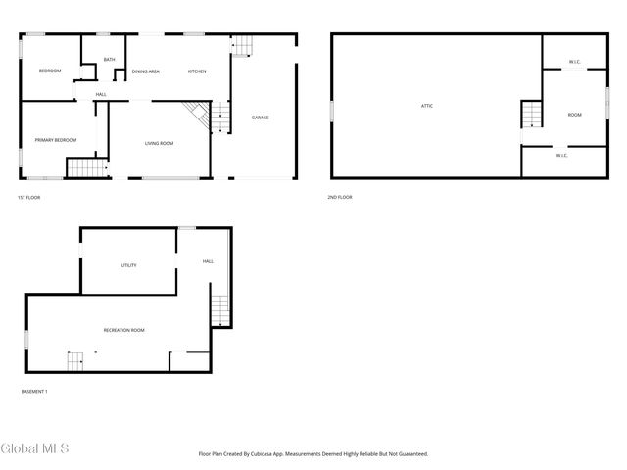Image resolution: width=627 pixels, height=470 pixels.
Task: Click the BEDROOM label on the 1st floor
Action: pyautogui.click(x=50, y=71)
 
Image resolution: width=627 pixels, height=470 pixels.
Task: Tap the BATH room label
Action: pyautogui.click(x=109, y=60)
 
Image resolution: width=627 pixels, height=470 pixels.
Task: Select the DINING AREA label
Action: pyautogui.click(x=146, y=71)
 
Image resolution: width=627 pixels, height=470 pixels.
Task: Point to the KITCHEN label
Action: pyautogui.click(x=197, y=71)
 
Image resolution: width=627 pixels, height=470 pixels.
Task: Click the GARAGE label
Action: pyautogui.click(x=261, y=117)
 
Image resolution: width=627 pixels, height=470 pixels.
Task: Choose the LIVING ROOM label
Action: pyautogui.click(x=159, y=144)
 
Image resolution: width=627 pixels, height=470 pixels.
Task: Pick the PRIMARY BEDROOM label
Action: pyautogui.click(x=56, y=140)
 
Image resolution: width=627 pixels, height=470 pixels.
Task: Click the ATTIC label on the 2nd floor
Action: pyautogui.click(x=427, y=106)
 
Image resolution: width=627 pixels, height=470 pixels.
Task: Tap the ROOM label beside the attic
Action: pyautogui.click(x=574, y=115)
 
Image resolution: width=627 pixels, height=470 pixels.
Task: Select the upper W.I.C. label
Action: pyautogui.click(x=575, y=63)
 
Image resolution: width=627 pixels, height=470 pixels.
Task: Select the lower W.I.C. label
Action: pyautogui.click(x=562, y=155)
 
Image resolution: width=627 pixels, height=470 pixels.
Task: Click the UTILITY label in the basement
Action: pyautogui.click(x=128, y=265)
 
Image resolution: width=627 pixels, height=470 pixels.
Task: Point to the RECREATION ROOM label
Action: pyautogui.click(x=123, y=330)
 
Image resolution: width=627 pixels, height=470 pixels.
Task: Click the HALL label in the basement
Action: pyautogui.click(x=208, y=261)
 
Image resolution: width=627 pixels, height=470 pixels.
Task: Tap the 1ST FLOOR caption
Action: pyautogui.click(x=29, y=197)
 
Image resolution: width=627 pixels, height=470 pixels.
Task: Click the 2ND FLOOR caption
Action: pyautogui.click(x=340, y=197)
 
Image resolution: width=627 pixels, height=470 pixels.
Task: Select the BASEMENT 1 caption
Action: pyautogui.click(x=34, y=392)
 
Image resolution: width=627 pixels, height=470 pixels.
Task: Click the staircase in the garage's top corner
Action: pyautogui.click(x=242, y=45)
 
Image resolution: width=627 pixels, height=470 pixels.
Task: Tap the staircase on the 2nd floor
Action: pyautogui.click(x=530, y=114)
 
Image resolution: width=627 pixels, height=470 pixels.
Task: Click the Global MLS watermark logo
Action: pyautogui.click(x=35, y=448)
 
